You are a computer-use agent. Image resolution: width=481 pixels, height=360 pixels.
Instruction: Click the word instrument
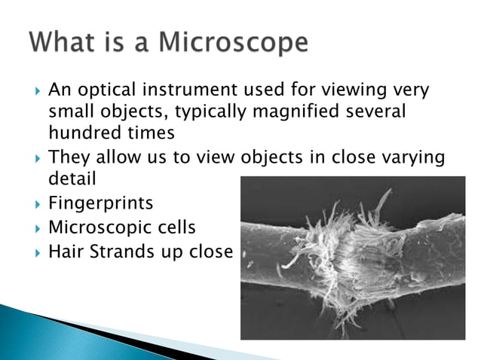198,91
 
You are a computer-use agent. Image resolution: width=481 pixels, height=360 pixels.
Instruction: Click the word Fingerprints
100,204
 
